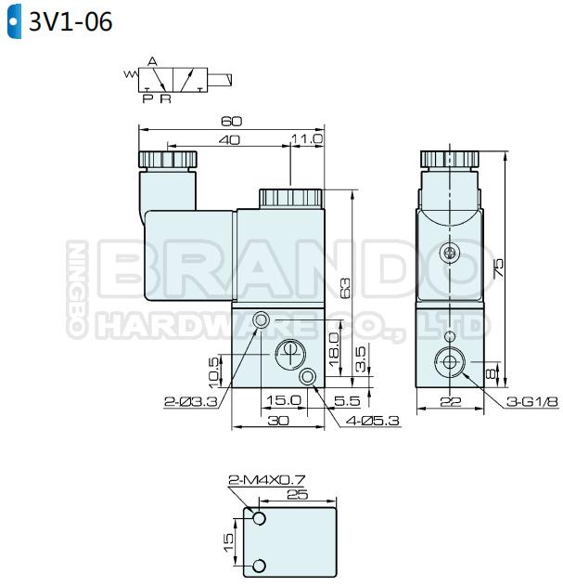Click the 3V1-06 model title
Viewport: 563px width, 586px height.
pyautogui.click(x=70, y=21)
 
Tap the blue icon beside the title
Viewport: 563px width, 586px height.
pyautogui.click(x=14, y=21)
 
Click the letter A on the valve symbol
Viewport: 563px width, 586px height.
pyautogui.click(x=152, y=61)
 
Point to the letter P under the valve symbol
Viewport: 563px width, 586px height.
pyautogui.click(x=147, y=99)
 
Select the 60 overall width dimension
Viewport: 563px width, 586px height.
pyautogui.click(x=232, y=121)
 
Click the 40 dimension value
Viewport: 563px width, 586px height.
pyautogui.click(x=229, y=140)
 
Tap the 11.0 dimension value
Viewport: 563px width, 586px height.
pyautogui.click(x=307, y=139)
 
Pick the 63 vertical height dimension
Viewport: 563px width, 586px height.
pyautogui.click(x=345, y=288)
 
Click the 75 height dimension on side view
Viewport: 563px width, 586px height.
pyautogui.click(x=498, y=268)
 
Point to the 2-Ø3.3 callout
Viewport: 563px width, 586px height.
pyautogui.click(x=191, y=402)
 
